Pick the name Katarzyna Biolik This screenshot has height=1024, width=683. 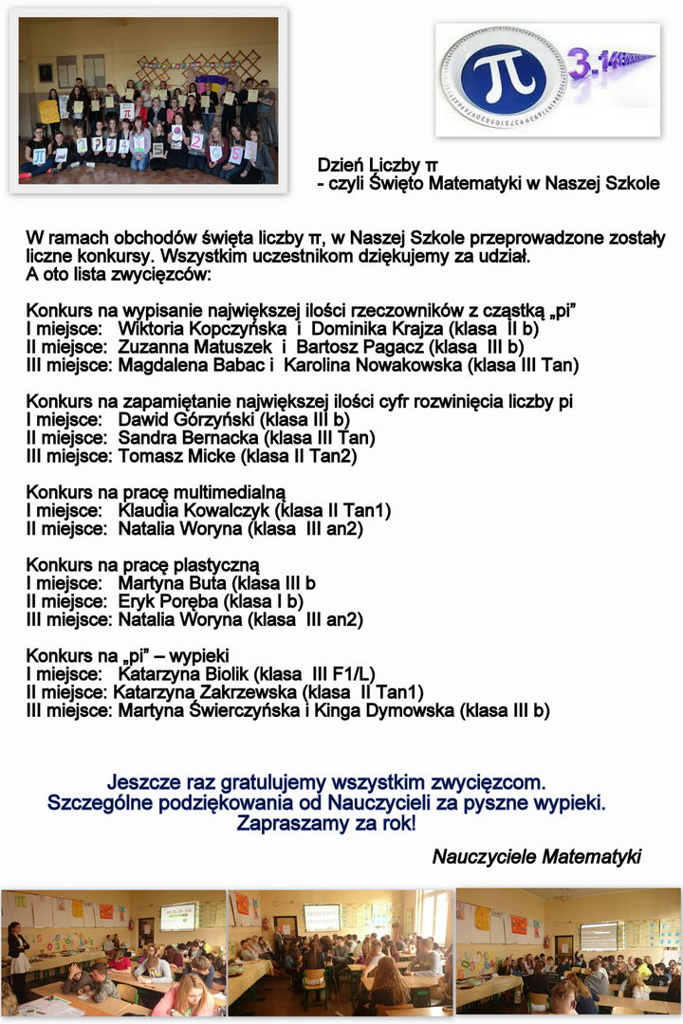(x=184, y=674)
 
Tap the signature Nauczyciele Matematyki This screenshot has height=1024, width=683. (x=537, y=857)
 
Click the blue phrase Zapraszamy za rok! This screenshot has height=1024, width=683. (x=325, y=823)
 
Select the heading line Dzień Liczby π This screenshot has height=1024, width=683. (x=378, y=166)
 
